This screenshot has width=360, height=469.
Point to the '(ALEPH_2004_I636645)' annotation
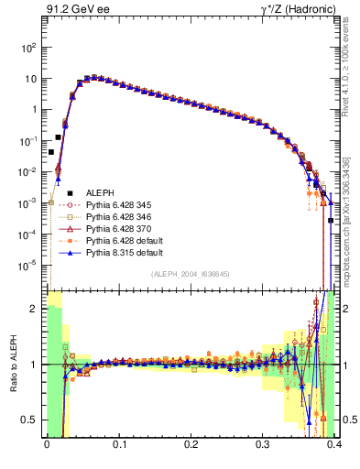[x=190, y=274]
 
